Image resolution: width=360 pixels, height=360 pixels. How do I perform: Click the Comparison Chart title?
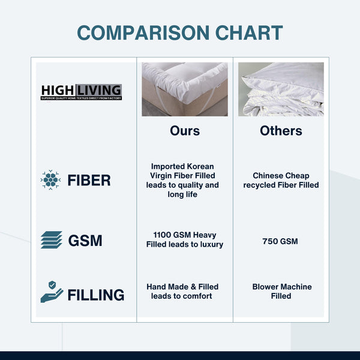[x=180, y=32]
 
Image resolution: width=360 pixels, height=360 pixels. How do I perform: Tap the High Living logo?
[x=81, y=92]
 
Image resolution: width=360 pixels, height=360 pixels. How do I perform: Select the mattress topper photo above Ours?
[x=185, y=89]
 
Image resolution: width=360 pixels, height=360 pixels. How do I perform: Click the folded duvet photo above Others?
[x=281, y=89]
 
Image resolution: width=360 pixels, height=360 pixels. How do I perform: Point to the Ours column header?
[x=185, y=131]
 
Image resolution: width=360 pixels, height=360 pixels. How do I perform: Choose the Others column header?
[x=281, y=131]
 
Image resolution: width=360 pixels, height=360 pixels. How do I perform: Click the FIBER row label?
[x=89, y=180]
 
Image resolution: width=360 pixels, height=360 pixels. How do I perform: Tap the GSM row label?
[x=85, y=241]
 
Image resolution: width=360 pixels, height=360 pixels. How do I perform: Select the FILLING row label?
[x=96, y=295]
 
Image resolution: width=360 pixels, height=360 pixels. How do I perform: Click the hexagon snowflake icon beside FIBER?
[x=51, y=180]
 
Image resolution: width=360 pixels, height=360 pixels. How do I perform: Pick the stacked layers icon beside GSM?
[x=51, y=240]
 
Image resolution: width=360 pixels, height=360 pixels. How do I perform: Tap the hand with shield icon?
[x=52, y=292]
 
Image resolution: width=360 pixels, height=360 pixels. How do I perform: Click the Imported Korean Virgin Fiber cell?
[x=182, y=180]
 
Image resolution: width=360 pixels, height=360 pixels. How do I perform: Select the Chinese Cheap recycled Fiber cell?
[x=281, y=180]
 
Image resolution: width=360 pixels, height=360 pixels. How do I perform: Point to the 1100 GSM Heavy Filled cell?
[x=185, y=239]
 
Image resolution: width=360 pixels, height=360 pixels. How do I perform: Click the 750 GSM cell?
[x=281, y=241]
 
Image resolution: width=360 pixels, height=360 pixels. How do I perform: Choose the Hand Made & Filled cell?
[x=182, y=291]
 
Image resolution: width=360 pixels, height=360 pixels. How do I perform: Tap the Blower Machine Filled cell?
[x=282, y=291]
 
